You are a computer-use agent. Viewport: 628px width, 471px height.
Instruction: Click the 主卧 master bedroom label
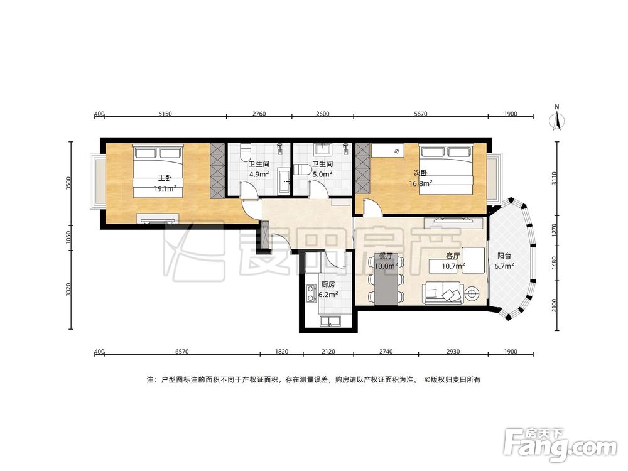(165, 178)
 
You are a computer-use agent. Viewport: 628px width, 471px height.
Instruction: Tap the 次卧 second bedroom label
(421, 173)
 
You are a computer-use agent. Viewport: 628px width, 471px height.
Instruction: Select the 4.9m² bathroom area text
(259, 174)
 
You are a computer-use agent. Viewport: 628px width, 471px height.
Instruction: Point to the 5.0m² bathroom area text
(322, 174)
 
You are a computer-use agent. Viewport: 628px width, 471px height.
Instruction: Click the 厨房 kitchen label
(328, 284)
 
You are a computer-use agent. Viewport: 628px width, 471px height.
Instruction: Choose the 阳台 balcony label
(504, 256)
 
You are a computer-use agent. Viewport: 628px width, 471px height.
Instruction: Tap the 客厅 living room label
(453, 256)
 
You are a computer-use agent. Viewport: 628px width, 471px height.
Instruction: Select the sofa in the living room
(443, 293)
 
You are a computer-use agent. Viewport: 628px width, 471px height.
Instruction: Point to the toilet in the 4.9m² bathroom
(244, 152)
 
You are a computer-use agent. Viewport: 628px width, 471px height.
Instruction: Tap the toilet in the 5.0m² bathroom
(303, 170)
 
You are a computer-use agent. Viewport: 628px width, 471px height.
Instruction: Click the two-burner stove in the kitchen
(310, 293)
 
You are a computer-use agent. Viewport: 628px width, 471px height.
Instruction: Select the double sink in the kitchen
(330, 321)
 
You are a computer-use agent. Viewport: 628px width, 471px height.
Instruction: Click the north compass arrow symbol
(557, 120)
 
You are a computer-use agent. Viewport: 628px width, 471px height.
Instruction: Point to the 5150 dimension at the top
(165, 114)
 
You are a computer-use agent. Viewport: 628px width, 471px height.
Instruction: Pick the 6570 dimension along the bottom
(182, 352)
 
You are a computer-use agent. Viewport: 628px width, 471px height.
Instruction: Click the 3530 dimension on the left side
(69, 183)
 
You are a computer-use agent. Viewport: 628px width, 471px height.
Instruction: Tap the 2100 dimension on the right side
(555, 305)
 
